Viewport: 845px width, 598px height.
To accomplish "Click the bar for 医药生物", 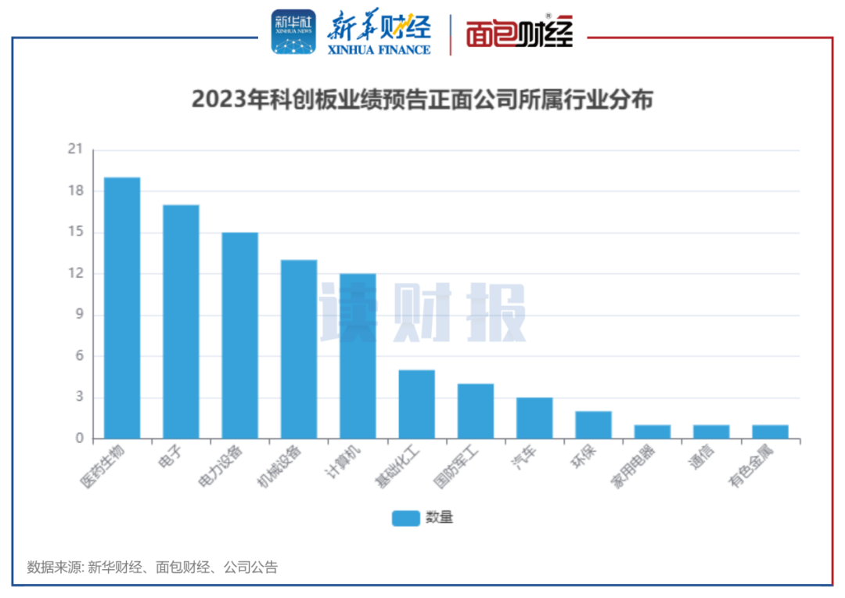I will click(122, 308).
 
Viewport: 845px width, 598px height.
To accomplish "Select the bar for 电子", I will click(181, 321).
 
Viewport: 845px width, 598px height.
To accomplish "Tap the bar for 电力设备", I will click(239, 335).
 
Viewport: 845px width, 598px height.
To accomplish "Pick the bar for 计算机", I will click(358, 355).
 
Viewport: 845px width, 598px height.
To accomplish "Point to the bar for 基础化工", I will click(416, 404).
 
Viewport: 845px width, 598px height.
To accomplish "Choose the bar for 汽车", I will click(534, 418).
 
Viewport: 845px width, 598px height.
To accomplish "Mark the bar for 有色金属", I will click(770, 431).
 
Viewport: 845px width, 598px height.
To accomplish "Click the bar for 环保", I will click(593, 424).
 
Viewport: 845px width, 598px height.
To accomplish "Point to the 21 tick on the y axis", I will click(75, 149).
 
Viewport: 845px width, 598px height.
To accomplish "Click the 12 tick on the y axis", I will click(75, 274).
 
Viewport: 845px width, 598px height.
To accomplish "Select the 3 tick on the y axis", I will click(79, 398).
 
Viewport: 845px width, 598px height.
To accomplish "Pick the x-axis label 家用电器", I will click(631, 467).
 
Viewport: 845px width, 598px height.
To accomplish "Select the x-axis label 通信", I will click(698, 459).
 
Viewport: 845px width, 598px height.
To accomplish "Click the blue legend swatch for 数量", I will click(406, 517).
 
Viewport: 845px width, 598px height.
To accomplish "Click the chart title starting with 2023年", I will click(422, 101).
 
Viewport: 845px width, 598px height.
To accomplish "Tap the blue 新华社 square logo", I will click(293, 33).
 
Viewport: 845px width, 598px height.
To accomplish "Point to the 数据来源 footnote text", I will click(152, 567).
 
